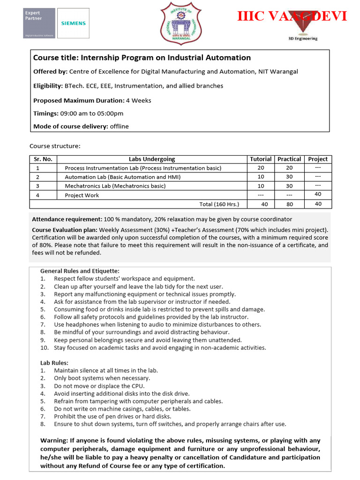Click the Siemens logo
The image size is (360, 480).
tap(74, 22)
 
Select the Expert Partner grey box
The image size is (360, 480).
tap(39, 23)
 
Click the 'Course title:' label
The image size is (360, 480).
tap(56, 58)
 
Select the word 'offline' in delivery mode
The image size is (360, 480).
tap(119, 126)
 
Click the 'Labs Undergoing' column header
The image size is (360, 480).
tap(152, 159)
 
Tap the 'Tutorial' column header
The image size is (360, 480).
tap(261, 159)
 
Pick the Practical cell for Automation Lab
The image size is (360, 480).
tap(289, 177)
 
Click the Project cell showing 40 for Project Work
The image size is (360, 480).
tap(318, 195)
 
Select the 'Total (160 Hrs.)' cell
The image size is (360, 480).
tap(219, 204)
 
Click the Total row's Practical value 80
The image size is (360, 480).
tap(289, 204)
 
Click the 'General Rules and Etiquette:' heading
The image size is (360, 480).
tap(80, 271)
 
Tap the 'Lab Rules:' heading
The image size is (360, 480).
tap(54, 363)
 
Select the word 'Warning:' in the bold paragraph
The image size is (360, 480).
tap(55, 440)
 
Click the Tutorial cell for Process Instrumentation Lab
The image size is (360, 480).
tap(261, 168)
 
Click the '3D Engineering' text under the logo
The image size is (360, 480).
tap(302, 38)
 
